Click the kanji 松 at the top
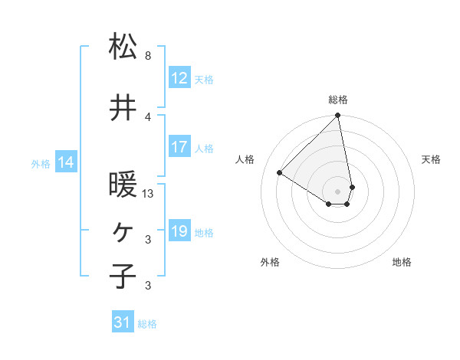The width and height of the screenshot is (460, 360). coord(123,47)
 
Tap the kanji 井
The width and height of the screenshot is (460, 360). coord(123,109)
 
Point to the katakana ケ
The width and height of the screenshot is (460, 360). coord(123,231)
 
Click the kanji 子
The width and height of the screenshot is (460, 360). coord(123,276)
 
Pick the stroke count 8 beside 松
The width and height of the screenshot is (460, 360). coord(148,56)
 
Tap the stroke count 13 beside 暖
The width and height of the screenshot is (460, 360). coord(149,194)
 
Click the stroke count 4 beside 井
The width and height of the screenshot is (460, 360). coord(148,116)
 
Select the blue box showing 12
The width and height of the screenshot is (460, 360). coord(179,79)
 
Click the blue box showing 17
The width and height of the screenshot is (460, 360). coord(179,148)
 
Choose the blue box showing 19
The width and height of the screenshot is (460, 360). coord(179,232)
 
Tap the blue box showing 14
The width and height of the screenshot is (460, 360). coord(66,162)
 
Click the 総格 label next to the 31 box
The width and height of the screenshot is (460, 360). coord(148,324)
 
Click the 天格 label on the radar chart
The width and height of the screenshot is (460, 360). coord(432,159)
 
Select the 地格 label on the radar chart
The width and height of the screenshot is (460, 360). coord(402,262)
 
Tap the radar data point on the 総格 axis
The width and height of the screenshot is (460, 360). coord(338,116)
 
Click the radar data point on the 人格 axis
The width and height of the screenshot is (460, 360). coord(280,173)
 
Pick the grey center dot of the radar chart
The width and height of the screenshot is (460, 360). coord(338,191)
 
